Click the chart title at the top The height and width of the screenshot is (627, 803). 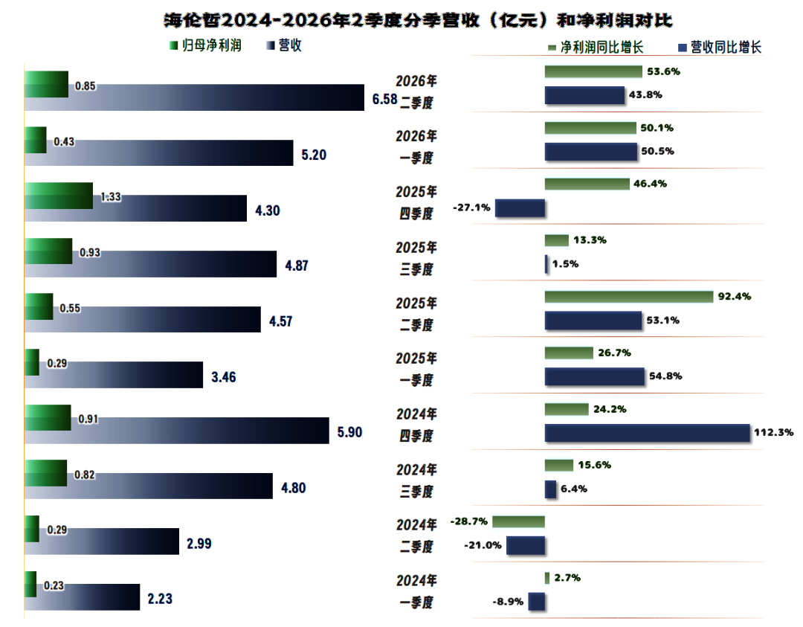pyautogui.click(x=418, y=20)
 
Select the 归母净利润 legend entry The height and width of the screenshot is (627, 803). pyautogui.click(x=206, y=45)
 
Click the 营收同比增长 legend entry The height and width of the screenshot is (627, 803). pyautogui.click(x=720, y=48)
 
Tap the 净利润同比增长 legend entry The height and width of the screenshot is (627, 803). pyautogui.click(x=596, y=48)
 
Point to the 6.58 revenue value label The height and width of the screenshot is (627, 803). pyautogui.click(x=384, y=99)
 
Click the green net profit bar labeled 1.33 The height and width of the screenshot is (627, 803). pyautogui.click(x=59, y=196)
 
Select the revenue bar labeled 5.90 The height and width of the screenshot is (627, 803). pyautogui.click(x=177, y=431)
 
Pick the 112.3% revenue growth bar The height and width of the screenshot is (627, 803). pyautogui.click(x=648, y=433)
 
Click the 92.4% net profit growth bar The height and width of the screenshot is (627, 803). pyautogui.click(x=629, y=297)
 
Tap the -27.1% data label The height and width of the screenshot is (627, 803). pyautogui.click(x=471, y=208)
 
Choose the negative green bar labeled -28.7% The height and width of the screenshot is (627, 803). pyautogui.click(x=518, y=521)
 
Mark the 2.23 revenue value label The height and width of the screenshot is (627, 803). pyautogui.click(x=160, y=599)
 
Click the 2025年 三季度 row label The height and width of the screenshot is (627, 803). pyautogui.click(x=416, y=258)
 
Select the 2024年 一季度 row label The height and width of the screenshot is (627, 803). pyautogui.click(x=416, y=591)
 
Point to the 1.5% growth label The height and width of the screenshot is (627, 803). pyautogui.click(x=565, y=264)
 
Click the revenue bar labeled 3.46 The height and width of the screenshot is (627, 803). pyautogui.click(x=114, y=375)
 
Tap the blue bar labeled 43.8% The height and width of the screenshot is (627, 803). pyautogui.click(x=585, y=95)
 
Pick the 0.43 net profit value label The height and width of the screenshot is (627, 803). pyautogui.click(x=64, y=141)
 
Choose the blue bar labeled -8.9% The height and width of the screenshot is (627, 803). pyautogui.click(x=537, y=602)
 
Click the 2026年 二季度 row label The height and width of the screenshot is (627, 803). pyautogui.click(x=416, y=91)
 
